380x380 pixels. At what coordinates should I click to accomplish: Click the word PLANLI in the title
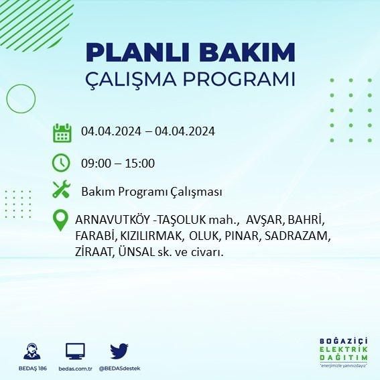point(137,52)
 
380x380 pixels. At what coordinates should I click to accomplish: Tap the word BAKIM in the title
point(247,52)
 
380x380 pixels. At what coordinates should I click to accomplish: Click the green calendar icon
point(62,133)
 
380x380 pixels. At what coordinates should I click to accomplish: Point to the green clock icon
point(61,163)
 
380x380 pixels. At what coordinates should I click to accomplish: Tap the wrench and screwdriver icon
point(61,189)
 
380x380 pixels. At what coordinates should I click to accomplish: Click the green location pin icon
point(60,220)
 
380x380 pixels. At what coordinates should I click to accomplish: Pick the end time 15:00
point(140,164)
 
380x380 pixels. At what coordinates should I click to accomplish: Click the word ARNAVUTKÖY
point(113,220)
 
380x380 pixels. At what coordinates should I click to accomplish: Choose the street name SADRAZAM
point(298,236)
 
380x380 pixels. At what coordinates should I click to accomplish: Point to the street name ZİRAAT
point(94,252)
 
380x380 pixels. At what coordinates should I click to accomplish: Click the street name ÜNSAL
point(137,252)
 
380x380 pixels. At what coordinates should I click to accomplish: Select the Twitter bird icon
point(119,351)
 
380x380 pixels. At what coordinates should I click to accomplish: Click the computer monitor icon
point(75,351)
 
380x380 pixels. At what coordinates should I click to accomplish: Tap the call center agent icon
point(32,351)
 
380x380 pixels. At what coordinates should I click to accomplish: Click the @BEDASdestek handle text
point(119,369)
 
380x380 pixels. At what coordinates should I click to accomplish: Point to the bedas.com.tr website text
point(75,369)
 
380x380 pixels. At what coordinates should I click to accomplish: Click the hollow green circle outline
point(7,99)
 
